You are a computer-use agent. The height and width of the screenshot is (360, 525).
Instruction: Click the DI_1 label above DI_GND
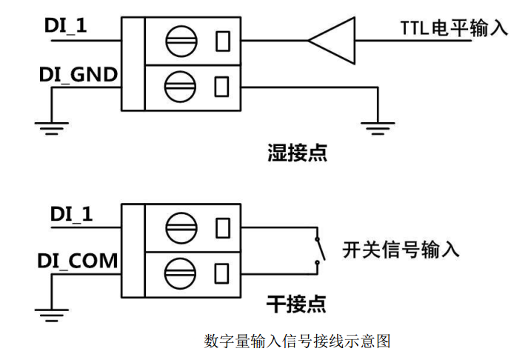(x=67, y=27)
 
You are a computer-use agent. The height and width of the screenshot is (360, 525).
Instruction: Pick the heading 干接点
(x=295, y=304)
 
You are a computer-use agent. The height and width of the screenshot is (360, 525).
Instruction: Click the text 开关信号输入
(x=401, y=250)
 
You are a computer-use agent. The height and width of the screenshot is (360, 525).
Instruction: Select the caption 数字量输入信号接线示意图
(x=296, y=341)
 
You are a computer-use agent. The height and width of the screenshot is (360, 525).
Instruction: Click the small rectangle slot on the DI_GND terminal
(x=220, y=87)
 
